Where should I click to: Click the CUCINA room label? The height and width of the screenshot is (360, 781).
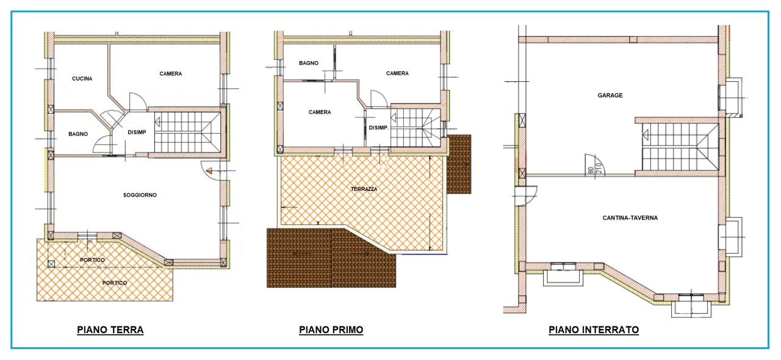tap(82, 79)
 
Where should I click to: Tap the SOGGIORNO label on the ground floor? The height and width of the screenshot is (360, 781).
tap(140, 195)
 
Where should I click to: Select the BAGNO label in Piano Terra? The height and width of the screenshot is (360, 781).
tap(78, 134)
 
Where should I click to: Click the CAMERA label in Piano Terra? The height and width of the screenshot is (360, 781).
tap(171, 74)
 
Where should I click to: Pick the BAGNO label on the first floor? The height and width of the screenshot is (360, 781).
tap(308, 63)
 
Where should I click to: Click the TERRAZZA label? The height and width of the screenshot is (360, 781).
tap(364, 189)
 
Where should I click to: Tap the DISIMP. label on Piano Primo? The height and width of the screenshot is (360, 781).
tap(379, 128)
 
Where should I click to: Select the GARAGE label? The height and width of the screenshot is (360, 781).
tap(610, 95)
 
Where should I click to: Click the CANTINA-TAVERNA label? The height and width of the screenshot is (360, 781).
tap(630, 218)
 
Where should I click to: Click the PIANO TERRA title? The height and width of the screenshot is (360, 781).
tap(110, 330)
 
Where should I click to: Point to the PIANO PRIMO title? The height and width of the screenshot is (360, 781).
tap(331, 330)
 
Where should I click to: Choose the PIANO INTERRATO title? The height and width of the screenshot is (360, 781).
tap(594, 330)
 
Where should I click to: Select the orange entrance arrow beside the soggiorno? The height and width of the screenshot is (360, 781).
tap(209, 172)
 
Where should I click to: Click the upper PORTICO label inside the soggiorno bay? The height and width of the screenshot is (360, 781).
tap(92, 261)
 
